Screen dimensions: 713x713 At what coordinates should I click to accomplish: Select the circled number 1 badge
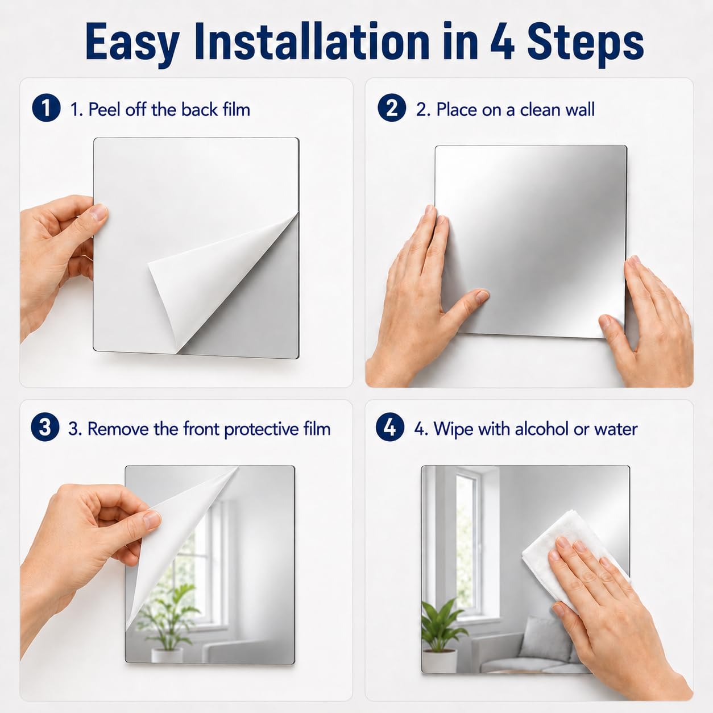click(46, 107)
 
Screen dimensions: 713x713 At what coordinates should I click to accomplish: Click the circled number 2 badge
click(391, 107)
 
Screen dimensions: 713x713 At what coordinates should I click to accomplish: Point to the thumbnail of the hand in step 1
click(99, 213)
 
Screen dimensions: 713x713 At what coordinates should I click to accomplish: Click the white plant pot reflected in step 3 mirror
click(167, 655)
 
